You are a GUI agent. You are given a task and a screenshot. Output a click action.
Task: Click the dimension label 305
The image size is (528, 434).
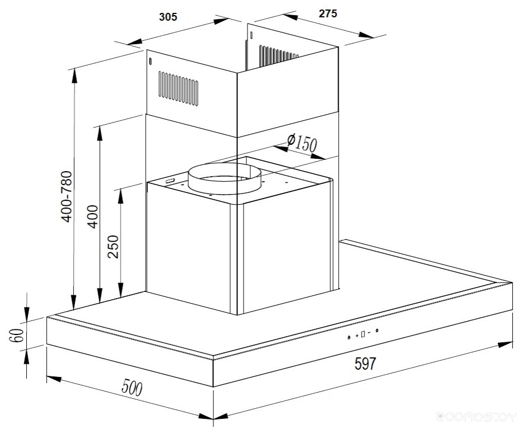(x=167, y=16)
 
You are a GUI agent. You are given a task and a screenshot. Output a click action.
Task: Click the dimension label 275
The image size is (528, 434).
(x=328, y=13)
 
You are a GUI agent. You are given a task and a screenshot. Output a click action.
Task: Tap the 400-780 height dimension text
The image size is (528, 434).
(x=67, y=197)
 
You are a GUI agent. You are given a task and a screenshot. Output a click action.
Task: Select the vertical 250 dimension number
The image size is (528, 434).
(x=114, y=247)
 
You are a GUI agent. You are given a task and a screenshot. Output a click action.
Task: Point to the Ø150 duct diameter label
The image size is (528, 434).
(x=302, y=143)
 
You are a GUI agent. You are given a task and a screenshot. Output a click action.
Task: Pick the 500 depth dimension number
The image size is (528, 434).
(x=132, y=388)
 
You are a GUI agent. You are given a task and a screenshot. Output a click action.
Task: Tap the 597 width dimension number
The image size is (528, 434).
(x=366, y=364)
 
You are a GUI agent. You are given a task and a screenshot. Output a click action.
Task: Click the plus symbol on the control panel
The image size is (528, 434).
(x=357, y=336)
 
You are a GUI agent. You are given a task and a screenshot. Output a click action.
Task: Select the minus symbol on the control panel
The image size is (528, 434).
(x=369, y=333)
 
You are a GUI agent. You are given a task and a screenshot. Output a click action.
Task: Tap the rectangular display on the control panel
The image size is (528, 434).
(x=363, y=334)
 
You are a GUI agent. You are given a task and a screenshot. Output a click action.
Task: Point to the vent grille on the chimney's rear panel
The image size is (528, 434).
(x=278, y=54)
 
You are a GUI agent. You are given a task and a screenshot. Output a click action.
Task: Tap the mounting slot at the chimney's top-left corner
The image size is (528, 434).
(x=151, y=62)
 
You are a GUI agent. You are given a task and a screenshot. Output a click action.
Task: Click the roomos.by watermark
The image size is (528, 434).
(x=476, y=417)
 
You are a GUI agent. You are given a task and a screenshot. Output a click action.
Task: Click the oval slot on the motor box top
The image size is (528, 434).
(x=171, y=181)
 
